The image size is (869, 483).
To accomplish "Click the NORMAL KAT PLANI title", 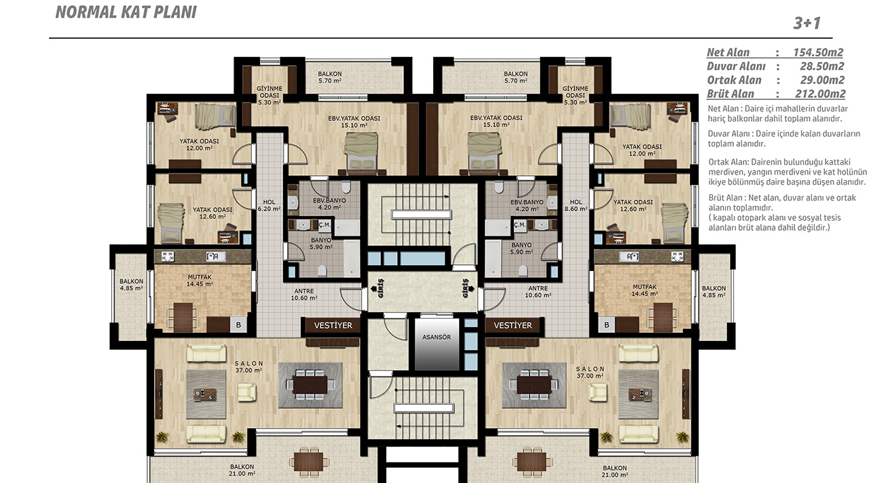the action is pyautogui.click(x=126, y=12).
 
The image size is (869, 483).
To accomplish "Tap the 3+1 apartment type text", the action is pyautogui.click(x=807, y=23).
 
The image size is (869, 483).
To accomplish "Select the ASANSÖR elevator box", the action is pyautogui.click(x=437, y=344).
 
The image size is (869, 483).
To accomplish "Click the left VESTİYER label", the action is pyautogui.click(x=333, y=325).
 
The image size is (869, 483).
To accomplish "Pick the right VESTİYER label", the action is pyautogui.click(x=513, y=325).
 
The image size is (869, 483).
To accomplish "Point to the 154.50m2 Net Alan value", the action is pyautogui.click(x=818, y=52).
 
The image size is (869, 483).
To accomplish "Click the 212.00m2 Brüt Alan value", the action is pyautogui.click(x=819, y=94).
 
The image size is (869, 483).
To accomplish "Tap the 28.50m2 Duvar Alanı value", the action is pyautogui.click(x=821, y=67).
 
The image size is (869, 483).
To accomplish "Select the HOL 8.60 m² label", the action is pyautogui.click(x=576, y=205).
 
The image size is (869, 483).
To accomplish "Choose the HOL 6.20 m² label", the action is pyautogui.click(x=270, y=205).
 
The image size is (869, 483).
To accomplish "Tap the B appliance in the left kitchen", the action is pyautogui.click(x=238, y=325).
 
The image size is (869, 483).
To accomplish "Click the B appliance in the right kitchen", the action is pyautogui.click(x=607, y=325).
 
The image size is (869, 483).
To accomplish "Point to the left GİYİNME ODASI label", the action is pyautogui.click(x=270, y=95).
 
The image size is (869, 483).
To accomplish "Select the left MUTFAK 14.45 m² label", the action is pyautogui.click(x=200, y=281).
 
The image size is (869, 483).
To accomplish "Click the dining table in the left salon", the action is pyautogui.click(x=310, y=384).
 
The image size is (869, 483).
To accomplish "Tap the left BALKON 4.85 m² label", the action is pyautogui.click(x=131, y=285).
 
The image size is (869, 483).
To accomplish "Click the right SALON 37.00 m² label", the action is pyautogui.click(x=590, y=372).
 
